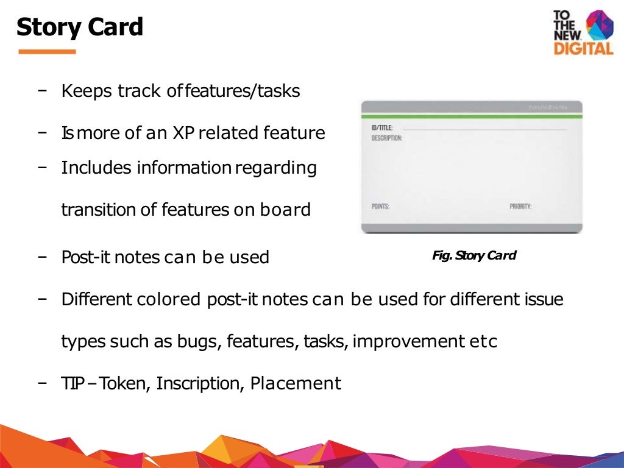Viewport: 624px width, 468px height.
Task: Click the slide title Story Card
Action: pos(79,27)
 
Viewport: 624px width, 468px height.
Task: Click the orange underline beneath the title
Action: pos(47,52)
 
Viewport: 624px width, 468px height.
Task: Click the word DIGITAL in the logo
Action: pos(583,49)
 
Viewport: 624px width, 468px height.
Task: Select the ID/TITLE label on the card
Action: pos(382,127)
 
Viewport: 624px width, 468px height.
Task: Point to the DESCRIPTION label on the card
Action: pos(387,138)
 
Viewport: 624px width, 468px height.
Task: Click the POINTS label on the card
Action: pos(380,207)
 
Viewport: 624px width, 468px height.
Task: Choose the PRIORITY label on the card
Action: pos(520,207)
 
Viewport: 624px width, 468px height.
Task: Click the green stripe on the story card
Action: pos(472,116)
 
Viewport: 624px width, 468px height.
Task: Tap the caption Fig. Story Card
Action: pos(474,256)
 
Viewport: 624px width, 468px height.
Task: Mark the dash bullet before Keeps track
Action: pos(43,91)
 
